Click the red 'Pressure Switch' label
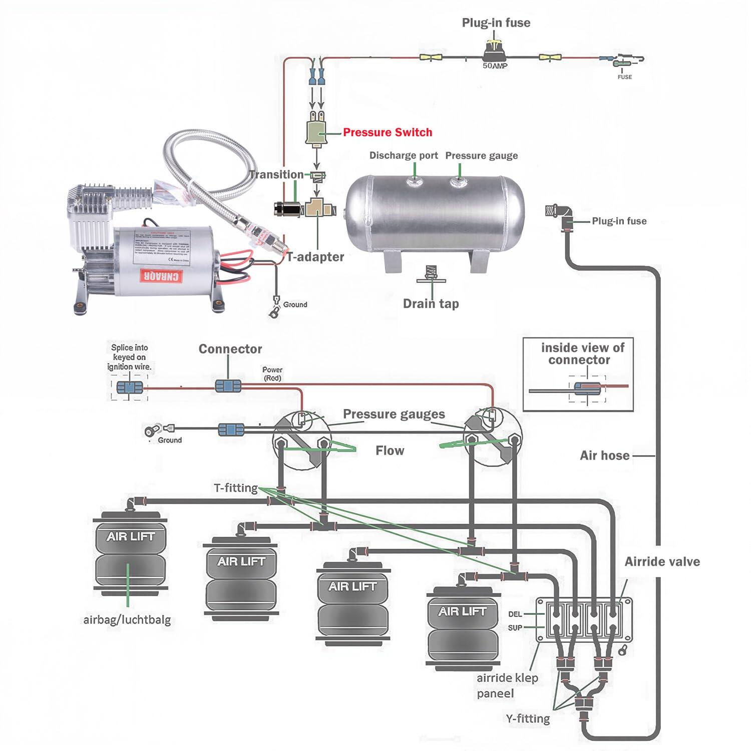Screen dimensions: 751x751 click(x=387, y=132)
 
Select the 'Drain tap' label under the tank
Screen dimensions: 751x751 click(x=431, y=303)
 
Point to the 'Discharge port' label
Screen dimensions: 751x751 click(x=403, y=155)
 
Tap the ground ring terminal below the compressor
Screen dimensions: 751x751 click(x=274, y=312)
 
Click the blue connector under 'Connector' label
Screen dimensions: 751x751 click(x=228, y=386)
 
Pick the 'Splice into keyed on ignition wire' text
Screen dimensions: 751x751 click(x=129, y=357)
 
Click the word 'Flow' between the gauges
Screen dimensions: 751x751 click(x=390, y=451)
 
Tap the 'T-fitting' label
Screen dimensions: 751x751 click(x=235, y=488)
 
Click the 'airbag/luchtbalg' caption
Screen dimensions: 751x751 click(x=127, y=620)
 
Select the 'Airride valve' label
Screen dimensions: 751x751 click(x=662, y=561)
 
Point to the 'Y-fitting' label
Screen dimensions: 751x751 click(x=527, y=718)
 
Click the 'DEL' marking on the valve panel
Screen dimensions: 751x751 click(x=515, y=614)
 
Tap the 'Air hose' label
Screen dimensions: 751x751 click(x=604, y=455)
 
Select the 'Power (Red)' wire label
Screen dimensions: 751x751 click(x=272, y=373)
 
